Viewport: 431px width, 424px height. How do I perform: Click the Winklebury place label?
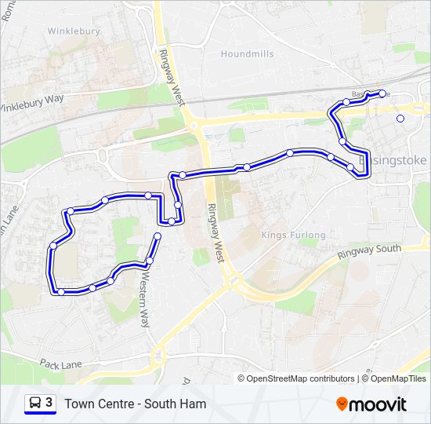click(x=74, y=31)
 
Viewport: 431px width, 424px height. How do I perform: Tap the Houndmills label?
click(x=247, y=54)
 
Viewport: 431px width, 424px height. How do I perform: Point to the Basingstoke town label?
click(x=397, y=160)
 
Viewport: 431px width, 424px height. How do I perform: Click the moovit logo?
click(x=371, y=404)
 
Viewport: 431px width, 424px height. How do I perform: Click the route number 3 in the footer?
click(x=49, y=403)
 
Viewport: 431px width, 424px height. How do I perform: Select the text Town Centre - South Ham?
click(x=136, y=404)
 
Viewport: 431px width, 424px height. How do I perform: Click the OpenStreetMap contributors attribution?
click(x=300, y=378)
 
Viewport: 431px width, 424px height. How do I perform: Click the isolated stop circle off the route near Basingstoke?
click(x=400, y=119)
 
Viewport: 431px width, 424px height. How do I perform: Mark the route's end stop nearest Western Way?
click(x=158, y=236)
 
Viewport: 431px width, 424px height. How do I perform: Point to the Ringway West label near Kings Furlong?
click(x=216, y=232)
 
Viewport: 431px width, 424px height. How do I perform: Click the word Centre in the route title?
click(x=117, y=404)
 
